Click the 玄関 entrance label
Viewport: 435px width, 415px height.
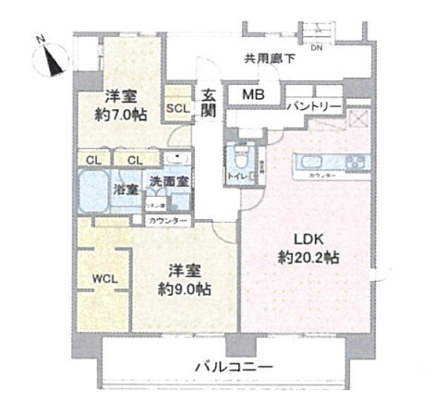[209, 102]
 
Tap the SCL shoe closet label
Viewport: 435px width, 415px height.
[176, 107]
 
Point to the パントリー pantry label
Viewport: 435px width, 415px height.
[312, 107]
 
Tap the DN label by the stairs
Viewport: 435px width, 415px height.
[317, 46]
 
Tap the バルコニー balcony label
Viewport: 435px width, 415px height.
[233, 368]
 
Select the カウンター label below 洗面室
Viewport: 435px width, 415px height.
[166, 221]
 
